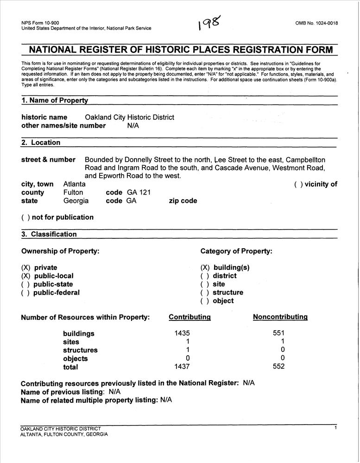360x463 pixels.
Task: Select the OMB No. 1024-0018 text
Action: [316, 23]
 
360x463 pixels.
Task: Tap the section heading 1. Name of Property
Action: [55, 100]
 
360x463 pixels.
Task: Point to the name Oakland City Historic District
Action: [129, 118]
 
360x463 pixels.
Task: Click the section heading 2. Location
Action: [41, 143]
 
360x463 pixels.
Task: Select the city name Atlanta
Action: [74, 184]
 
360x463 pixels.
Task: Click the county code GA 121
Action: [139, 193]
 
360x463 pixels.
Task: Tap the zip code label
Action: [183, 201]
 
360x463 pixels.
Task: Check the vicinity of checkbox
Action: [298, 184]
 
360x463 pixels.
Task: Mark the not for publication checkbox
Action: [25, 218]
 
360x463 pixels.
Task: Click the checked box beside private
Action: [25, 268]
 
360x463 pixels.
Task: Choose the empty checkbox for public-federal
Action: [25, 293]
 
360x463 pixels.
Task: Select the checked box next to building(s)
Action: [205, 268]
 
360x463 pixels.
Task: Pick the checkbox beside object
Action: [205, 301]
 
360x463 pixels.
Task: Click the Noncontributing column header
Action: [280, 317]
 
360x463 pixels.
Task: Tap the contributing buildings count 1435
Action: [182, 333]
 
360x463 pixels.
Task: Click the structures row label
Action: [80, 350]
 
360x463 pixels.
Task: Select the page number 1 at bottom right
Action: [335, 428]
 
